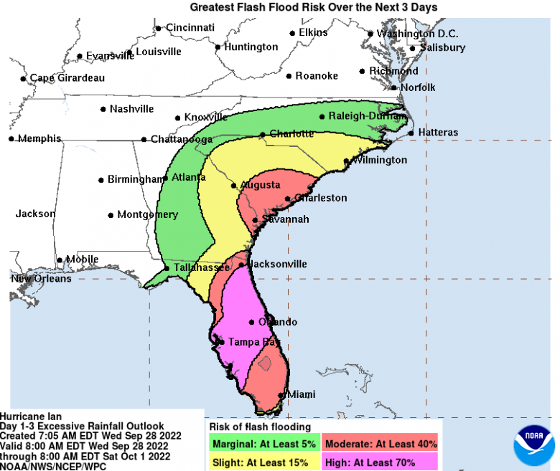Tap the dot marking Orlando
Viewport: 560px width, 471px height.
252,322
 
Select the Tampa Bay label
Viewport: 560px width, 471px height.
253,342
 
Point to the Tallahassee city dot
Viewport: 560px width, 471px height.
167,268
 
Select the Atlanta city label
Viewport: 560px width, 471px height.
185,177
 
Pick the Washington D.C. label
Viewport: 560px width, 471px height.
418,34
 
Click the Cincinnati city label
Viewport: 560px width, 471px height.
190,27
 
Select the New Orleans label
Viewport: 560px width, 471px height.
41,278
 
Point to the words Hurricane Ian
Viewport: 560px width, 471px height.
31,416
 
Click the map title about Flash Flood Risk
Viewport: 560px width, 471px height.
313,7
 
